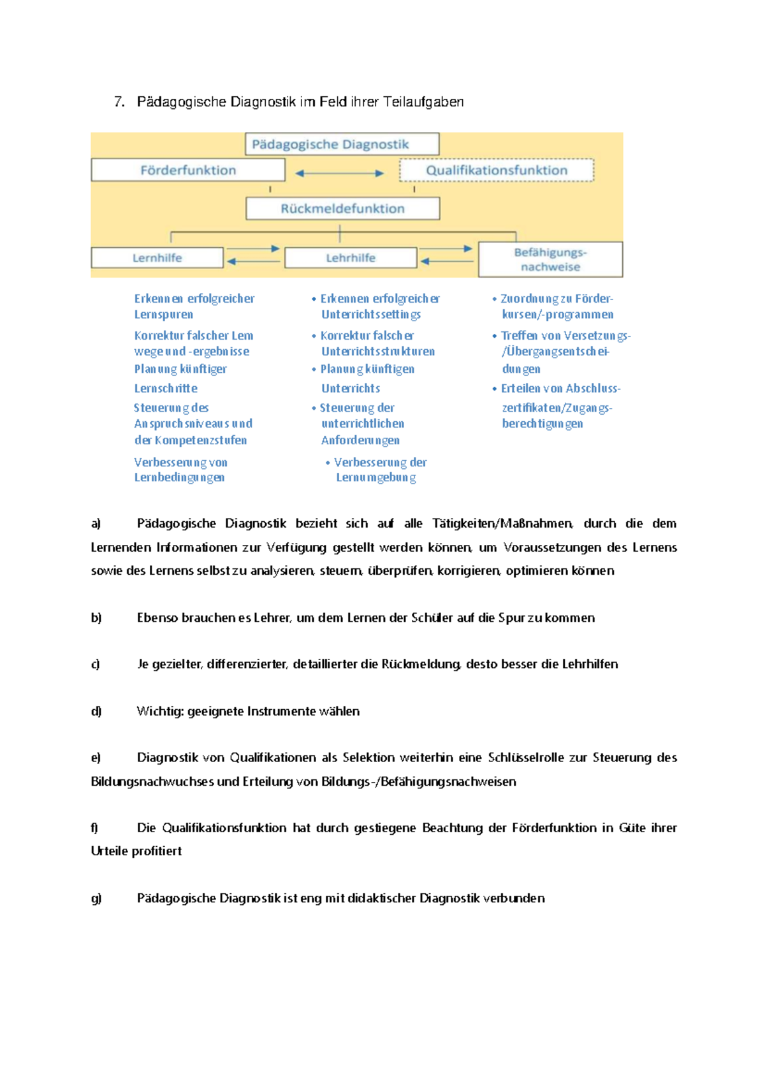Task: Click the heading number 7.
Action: tap(119, 102)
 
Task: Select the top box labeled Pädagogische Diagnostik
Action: tap(342, 144)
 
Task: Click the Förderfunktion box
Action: tap(188, 170)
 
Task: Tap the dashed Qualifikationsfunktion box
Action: tap(497, 170)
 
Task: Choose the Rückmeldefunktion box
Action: tap(343, 208)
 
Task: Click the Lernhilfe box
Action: tap(157, 257)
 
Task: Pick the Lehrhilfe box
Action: tap(351, 257)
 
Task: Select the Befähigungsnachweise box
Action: tap(550, 259)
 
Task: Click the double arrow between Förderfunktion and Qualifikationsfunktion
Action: tap(339, 173)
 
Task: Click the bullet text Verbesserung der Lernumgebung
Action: tap(376, 470)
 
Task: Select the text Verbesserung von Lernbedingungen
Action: tap(180, 470)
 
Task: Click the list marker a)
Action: tap(96, 524)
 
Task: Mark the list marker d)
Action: tap(96, 711)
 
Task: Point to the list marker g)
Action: tap(96, 898)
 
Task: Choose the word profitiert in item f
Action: tap(157, 851)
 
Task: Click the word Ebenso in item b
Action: tap(157, 617)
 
